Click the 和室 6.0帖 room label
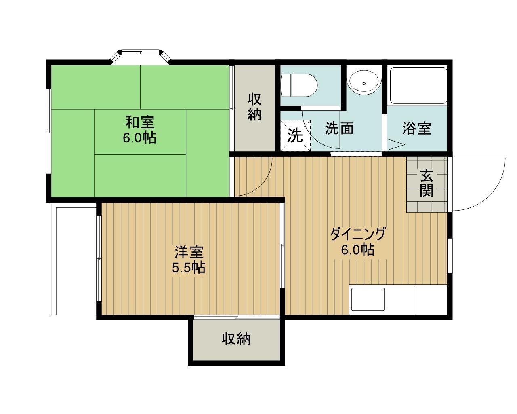point(140,130)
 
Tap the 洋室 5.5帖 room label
point(189,259)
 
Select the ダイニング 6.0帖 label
point(358,241)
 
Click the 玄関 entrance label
point(427,183)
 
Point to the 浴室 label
point(417,128)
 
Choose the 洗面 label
point(339,128)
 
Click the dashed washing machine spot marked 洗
point(295,135)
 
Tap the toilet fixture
point(299,85)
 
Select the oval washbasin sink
point(364,82)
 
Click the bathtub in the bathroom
point(418,85)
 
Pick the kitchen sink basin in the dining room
point(368,300)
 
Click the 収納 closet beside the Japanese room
point(254,108)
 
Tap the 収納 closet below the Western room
point(236,340)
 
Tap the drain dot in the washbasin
point(364,83)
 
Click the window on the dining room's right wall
point(450,256)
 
